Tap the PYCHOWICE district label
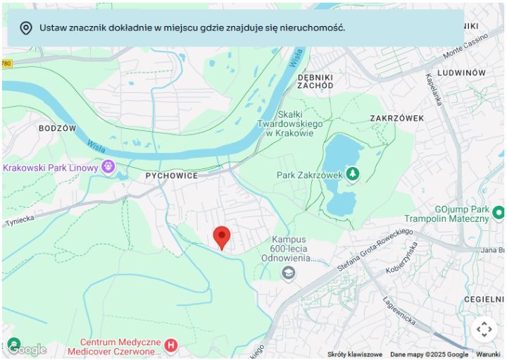click(x=171, y=175)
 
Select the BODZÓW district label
click(x=57, y=128)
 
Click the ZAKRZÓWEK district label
click(x=397, y=118)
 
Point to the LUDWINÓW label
click(x=461, y=73)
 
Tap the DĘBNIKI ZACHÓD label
click(x=315, y=81)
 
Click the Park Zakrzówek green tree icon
click(x=352, y=173)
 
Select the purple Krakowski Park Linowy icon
click(x=108, y=167)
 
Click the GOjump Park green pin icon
click(x=499, y=212)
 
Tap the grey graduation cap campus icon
click(x=288, y=273)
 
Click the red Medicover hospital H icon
click(x=170, y=346)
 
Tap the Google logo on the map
click(x=27, y=349)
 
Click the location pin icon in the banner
click(x=26, y=28)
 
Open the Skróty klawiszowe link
click(x=355, y=354)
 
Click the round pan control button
click(x=484, y=329)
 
